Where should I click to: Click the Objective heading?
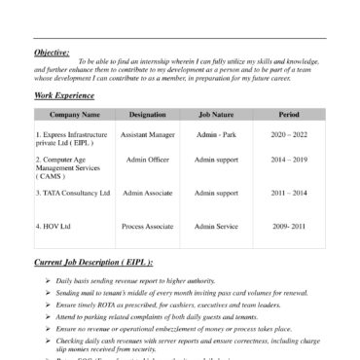(x=52, y=52)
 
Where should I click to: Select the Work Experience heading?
(x=64, y=95)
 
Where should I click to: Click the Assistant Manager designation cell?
(x=148, y=134)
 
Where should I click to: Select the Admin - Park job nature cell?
(x=216, y=134)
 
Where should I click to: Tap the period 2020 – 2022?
(x=289, y=134)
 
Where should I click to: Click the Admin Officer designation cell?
(x=148, y=159)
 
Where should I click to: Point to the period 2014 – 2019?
(x=289, y=159)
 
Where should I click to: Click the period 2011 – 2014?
(x=289, y=193)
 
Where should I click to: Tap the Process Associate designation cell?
(x=148, y=226)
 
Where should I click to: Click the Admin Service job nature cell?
(x=216, y=226)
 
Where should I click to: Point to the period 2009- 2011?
(x=289, y=226)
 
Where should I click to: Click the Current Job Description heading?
(x=93, y=263)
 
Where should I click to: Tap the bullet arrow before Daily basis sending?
(x=47, y=280)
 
